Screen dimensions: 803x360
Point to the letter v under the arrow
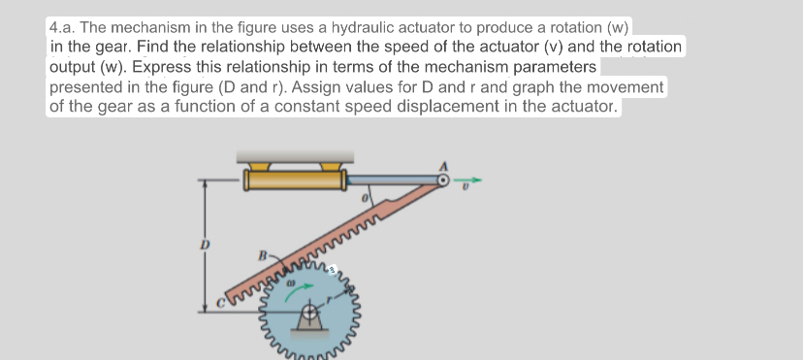(466, 191)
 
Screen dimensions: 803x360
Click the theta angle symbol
(366, 199)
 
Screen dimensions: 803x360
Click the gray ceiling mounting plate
(295, 156)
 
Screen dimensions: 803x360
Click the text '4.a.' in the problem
(65, 28)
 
